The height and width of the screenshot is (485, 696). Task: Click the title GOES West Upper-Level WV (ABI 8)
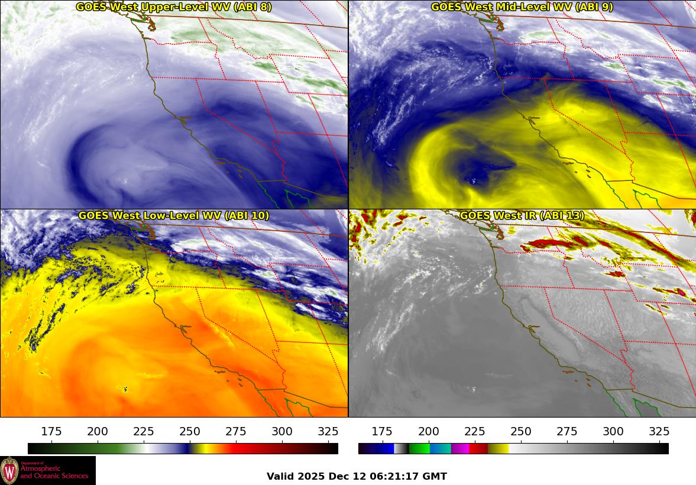174,7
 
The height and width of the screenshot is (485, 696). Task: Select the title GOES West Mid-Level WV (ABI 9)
522,7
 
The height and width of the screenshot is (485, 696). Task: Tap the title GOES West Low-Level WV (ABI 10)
174,216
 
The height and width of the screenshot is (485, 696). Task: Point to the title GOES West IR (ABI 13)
522,216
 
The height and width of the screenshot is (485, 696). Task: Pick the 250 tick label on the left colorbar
190,431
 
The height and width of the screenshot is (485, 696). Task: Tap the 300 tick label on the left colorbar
282,431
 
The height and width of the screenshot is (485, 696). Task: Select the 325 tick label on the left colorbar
328,431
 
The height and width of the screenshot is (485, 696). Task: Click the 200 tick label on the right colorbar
428,431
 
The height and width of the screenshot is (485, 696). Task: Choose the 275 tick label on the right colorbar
567,431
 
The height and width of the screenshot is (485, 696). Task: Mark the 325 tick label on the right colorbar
659,431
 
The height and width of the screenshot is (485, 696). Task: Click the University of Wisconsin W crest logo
10,470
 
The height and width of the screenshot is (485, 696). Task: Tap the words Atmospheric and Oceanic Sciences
54,471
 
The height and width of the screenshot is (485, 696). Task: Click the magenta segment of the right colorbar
459,448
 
